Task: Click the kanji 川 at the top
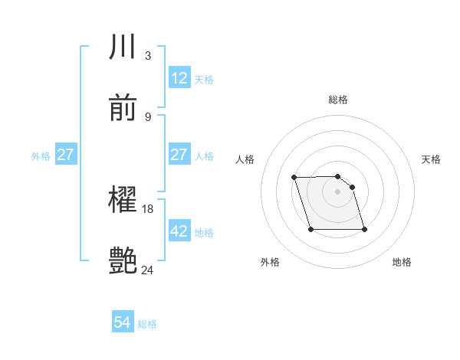click(x=123, y=47)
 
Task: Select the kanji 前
click(x=123, y=109)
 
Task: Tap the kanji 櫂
click(x=123, y=201)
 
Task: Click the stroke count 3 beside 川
click(x=148, y=55)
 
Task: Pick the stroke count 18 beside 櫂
click(x=149, y=209)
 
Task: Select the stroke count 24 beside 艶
click(x=148, y=270)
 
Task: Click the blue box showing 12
click(x=179, y=78)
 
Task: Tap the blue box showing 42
click(x=179, y=231)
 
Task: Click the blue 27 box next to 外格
click(x=66, y=155)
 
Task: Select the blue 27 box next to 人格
click(x=179, y=155)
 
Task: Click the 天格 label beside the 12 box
click(x=204, y=79)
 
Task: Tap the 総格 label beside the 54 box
click(x=147, y=324)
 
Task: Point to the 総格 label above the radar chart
click(x=338, y=100)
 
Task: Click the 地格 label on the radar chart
click(x=402, y=262)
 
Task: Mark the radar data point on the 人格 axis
click(x=294, y=178)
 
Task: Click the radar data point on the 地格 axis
click(x=364, y=229)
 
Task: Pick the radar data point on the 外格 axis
click(x=310, y=229)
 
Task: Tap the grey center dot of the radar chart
click(x=338, y=191)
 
